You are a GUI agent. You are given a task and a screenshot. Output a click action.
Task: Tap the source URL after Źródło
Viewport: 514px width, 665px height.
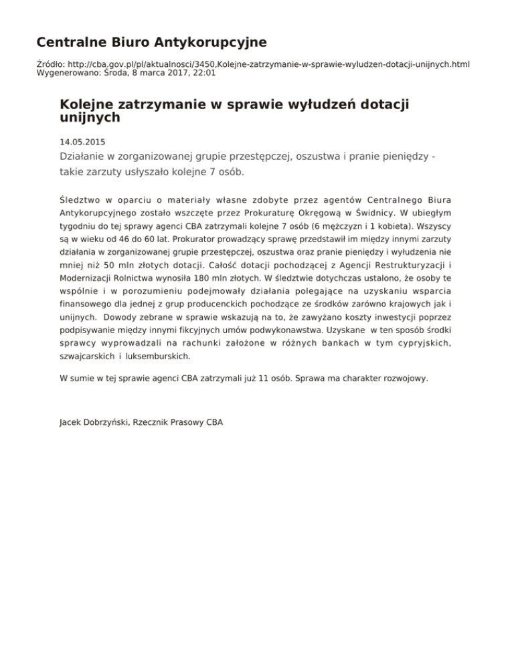pyautogui.click(x=267, y=64)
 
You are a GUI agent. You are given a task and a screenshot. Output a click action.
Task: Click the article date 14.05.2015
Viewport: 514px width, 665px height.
pyautogui.click(x=82, y=142)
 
